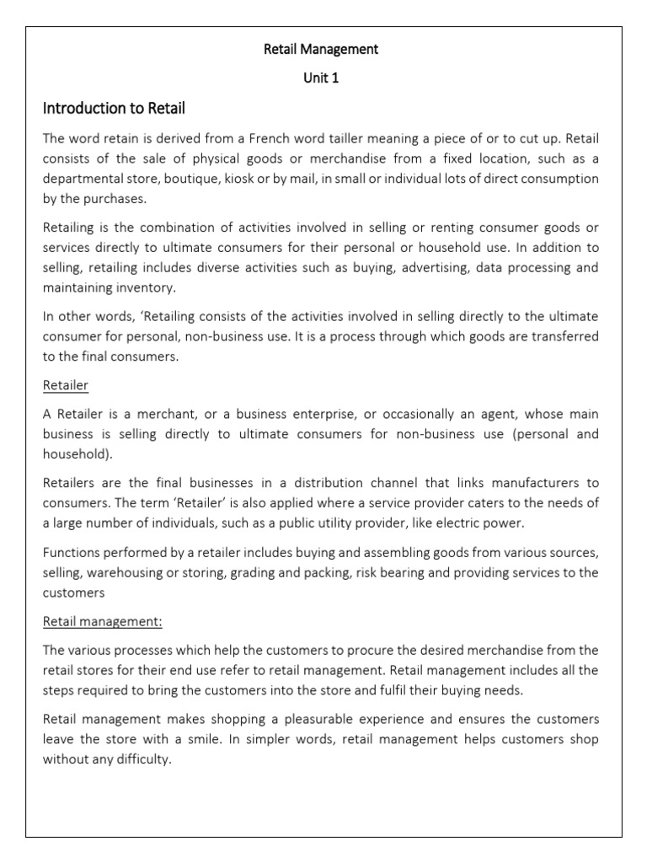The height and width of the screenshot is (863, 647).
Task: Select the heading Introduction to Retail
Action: (114, 108)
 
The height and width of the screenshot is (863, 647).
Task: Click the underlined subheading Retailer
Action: (66, 385)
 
